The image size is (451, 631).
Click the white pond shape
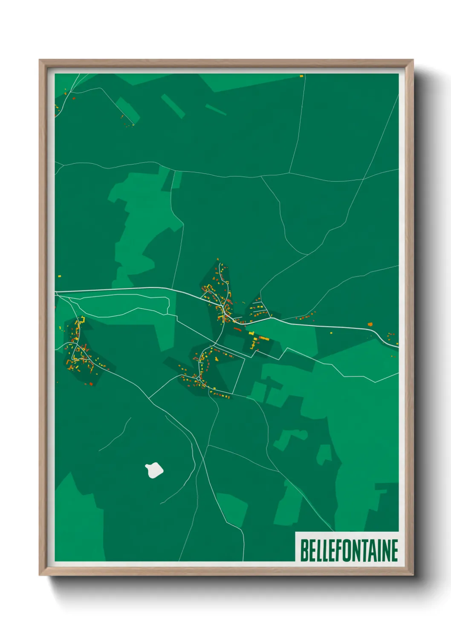pyautogui.click(x=154, y=470)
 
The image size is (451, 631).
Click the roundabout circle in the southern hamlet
pyautogui.click(x=199, y=378)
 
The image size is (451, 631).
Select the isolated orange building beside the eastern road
pyautogui.click(x=370, y=324)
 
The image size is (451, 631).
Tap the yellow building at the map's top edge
pyautogui.click(x=301, y=76)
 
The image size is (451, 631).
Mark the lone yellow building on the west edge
pyautogui.click(x=60, y=276)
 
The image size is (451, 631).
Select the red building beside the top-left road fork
pyautogui.click(x=74, y=98)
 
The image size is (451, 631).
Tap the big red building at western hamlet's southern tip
pyautogui.click(x=90, y=384)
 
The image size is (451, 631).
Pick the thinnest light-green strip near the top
pyautogui.click(x=216, y=110)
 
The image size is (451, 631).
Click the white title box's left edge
pyautogui.click(x=296, y=547)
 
